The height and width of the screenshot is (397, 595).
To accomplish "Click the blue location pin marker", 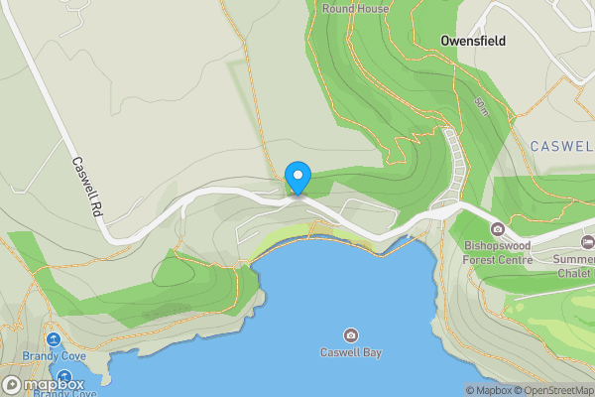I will coord(297,178).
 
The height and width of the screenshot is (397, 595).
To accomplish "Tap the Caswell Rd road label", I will coord(88,188).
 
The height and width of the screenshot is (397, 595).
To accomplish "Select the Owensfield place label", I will coord(473,42).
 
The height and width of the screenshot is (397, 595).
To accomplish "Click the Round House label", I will coord(355,9).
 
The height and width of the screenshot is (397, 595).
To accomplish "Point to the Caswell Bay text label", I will coord(351,352).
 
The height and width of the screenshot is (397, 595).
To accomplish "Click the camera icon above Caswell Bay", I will coord(350,334).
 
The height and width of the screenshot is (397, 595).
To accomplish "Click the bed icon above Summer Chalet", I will coord(588,242).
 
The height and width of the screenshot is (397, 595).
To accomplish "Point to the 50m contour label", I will coord(481,103).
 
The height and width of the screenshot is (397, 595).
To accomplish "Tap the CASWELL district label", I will coord(561,146).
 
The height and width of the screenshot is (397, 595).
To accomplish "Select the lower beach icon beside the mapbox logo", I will coord(64,377).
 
